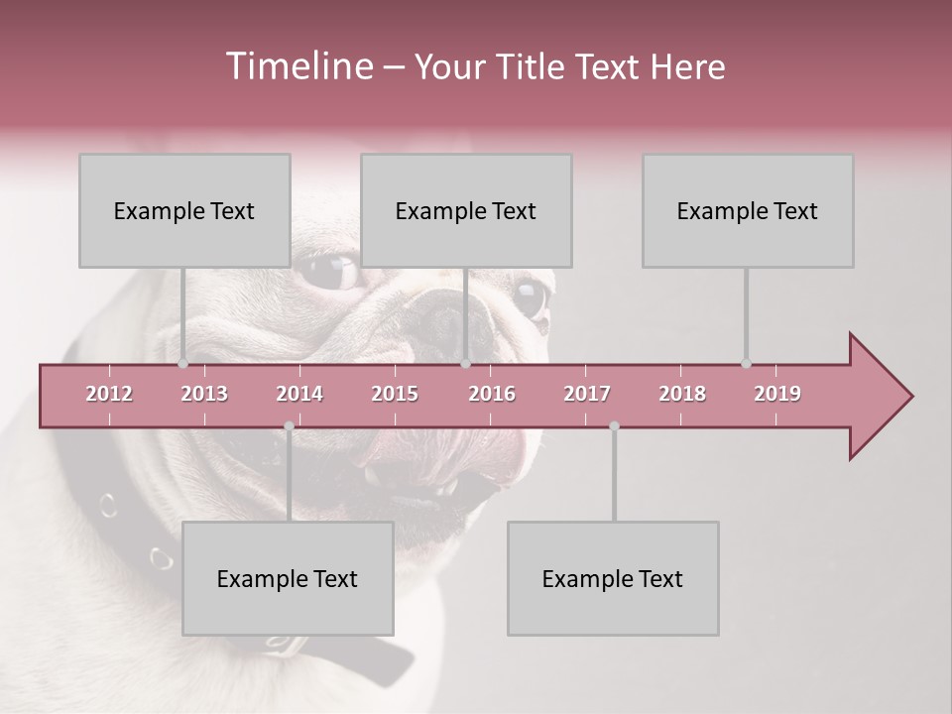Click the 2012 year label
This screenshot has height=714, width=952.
point(109,394)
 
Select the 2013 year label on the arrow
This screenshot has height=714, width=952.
point(204,394)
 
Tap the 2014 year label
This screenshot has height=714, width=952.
point(299,394)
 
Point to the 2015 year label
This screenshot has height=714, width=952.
point(395,394)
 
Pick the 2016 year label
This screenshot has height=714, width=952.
point(492,394)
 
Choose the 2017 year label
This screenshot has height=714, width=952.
point(587,394)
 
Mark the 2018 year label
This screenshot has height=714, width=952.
point(682,394)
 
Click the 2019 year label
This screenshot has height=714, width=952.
point(777,394)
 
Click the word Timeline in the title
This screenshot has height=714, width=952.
point(298,66)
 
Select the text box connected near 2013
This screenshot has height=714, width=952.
point(184,210)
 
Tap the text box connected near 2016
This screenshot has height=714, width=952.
point(466,210)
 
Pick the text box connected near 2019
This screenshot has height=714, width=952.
point(748,210)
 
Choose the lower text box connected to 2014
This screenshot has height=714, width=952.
point(288,578)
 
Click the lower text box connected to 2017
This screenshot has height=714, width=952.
point(613,578)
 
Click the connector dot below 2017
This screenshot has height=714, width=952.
point(614,425)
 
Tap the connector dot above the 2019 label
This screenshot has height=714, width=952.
point(746,364)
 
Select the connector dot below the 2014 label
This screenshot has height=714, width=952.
point(289,425)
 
